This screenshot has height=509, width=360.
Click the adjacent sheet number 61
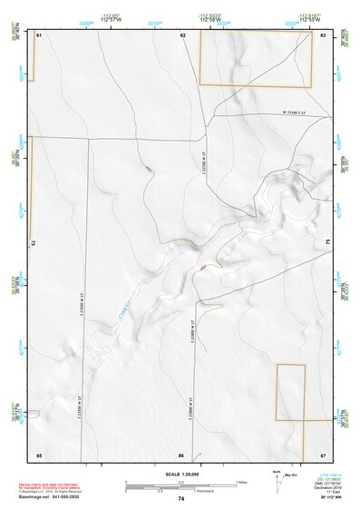tap(39, 34)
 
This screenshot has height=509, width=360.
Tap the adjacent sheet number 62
tap(182, 34)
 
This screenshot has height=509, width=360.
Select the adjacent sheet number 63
tap(323, 34)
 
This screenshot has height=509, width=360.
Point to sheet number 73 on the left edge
tap(34, 243)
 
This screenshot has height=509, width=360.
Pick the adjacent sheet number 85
tap(39, 454)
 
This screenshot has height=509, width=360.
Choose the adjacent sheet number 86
tap(181, 454)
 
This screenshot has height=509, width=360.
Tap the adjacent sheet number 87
tap(323, 454)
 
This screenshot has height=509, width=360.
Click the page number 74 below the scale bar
tap(181, 500)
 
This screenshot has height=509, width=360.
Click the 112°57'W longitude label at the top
tap(112, 19)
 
